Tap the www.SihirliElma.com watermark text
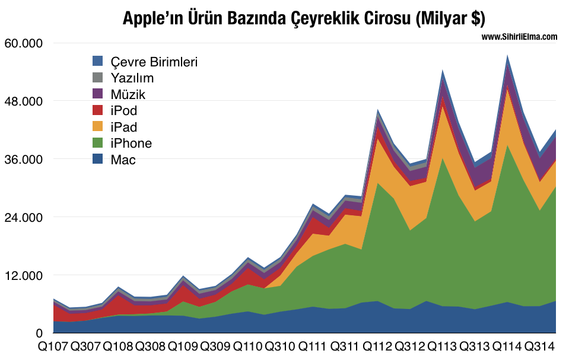519,37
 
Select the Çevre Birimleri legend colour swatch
98,61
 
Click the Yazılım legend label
132,78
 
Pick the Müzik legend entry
128,94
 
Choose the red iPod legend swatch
98,110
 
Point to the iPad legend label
123,127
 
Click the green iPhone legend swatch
98,143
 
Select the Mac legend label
123,160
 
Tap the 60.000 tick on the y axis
24,43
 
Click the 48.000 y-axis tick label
24,101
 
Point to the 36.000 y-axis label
24,160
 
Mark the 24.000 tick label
24,218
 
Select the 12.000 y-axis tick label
24,276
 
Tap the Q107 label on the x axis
53,346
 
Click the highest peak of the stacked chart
507,56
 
